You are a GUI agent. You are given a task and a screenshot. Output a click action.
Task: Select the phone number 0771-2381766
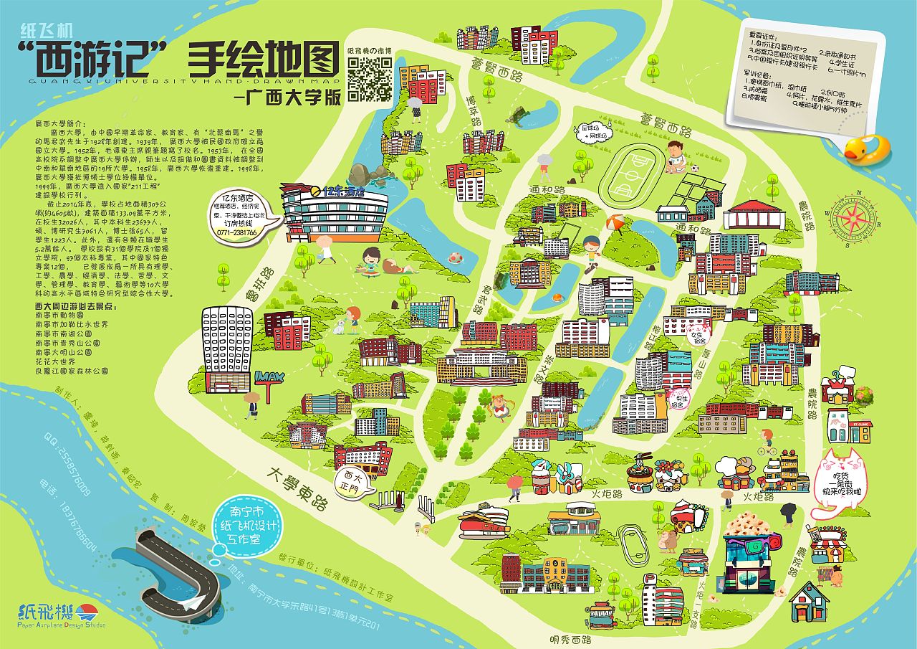coord(239,232)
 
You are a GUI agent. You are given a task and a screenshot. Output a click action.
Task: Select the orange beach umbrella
coord(615,224)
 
